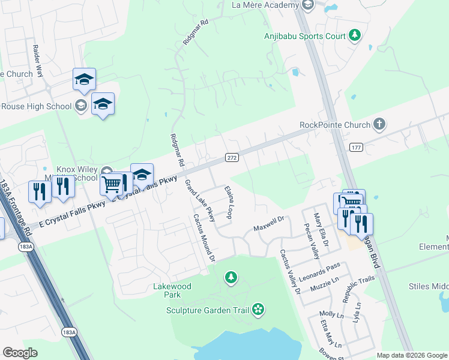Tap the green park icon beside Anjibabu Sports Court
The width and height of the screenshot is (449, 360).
click(x=355, y=35)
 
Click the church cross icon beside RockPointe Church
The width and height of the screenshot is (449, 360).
click(x=378, y=125)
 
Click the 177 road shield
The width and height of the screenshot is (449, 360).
click(x=356, y=147)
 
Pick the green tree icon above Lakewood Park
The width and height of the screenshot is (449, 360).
click(x=230, y=277)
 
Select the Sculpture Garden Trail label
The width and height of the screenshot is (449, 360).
click(x=208, y=310)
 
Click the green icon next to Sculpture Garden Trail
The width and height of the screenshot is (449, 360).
click(x=258, y=310)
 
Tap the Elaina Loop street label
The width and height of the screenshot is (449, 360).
click(x=229, y=202)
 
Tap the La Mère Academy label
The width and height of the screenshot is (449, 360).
click(x=265, y=5)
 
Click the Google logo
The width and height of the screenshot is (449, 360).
click(x=20, y=353)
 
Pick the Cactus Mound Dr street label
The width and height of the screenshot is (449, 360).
click(x=204, y=238)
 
